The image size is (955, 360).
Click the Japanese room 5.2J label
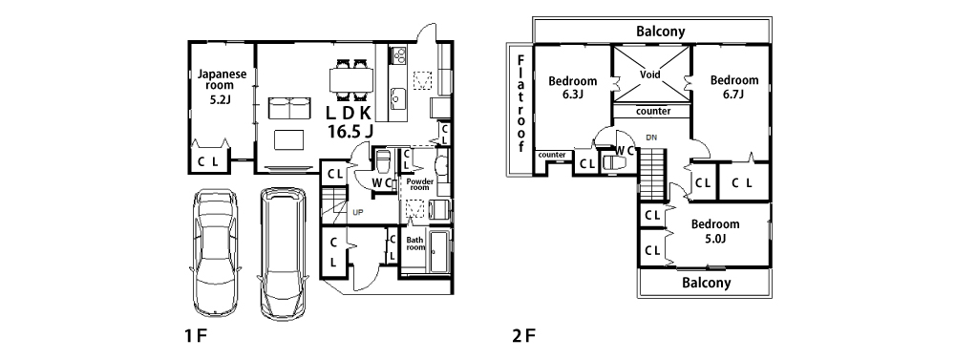coord(222,87)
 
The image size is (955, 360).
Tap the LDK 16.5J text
coord(349,121)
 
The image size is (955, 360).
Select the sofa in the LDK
coord(288,109)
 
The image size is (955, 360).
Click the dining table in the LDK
coord(350,79)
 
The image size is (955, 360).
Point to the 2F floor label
coord(523,335)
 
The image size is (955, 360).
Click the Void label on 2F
coord(650,74)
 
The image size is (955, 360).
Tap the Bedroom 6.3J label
coord(572,87)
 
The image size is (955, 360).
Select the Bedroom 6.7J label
coord(734,87)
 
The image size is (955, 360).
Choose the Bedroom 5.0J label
coord(715,231)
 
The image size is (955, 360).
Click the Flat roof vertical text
coord(521,103)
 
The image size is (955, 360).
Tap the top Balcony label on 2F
coord(661,32)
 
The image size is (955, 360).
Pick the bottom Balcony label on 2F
coord(707,283)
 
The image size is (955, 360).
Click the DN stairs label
coord(651,138)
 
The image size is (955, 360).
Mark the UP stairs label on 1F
coord(358,212)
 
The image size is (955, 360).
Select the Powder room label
coord(419,184)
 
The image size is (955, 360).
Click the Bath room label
coord(415,244)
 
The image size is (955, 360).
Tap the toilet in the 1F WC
coord(383,161)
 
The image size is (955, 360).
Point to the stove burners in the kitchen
coord(399,55)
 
